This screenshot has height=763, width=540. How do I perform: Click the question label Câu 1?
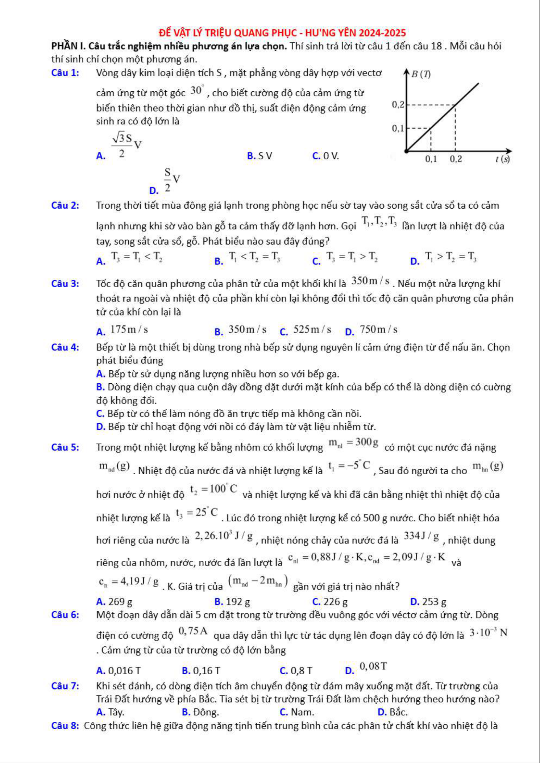(65, 73)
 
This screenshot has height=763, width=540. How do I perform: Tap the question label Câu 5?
(65, 447)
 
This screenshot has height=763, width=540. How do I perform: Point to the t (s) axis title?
(503, 159)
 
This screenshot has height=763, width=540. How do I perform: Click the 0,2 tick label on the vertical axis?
(398, 105)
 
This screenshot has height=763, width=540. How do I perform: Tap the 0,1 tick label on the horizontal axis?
(431, 159)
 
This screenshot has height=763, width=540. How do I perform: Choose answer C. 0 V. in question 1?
(325, 156)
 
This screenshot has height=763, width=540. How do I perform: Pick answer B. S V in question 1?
(259, 156)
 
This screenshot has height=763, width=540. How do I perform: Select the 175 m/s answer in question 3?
(129, 330)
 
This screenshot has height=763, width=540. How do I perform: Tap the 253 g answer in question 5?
(434, 602)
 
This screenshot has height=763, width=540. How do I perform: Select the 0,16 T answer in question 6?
(206, 671)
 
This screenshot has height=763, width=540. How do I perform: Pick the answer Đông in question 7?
(205, 712)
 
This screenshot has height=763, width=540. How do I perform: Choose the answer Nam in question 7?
(302, 712)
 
